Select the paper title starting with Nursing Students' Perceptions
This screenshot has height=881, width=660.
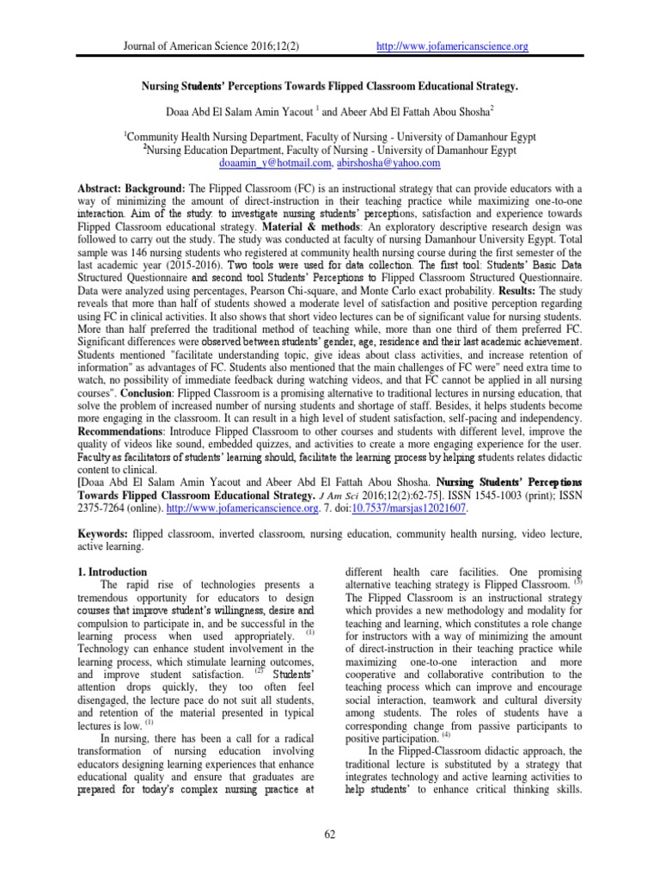pyautogui.click(x=330, y=89)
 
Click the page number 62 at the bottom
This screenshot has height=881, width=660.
pyautogui.click(x=330, y=833)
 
